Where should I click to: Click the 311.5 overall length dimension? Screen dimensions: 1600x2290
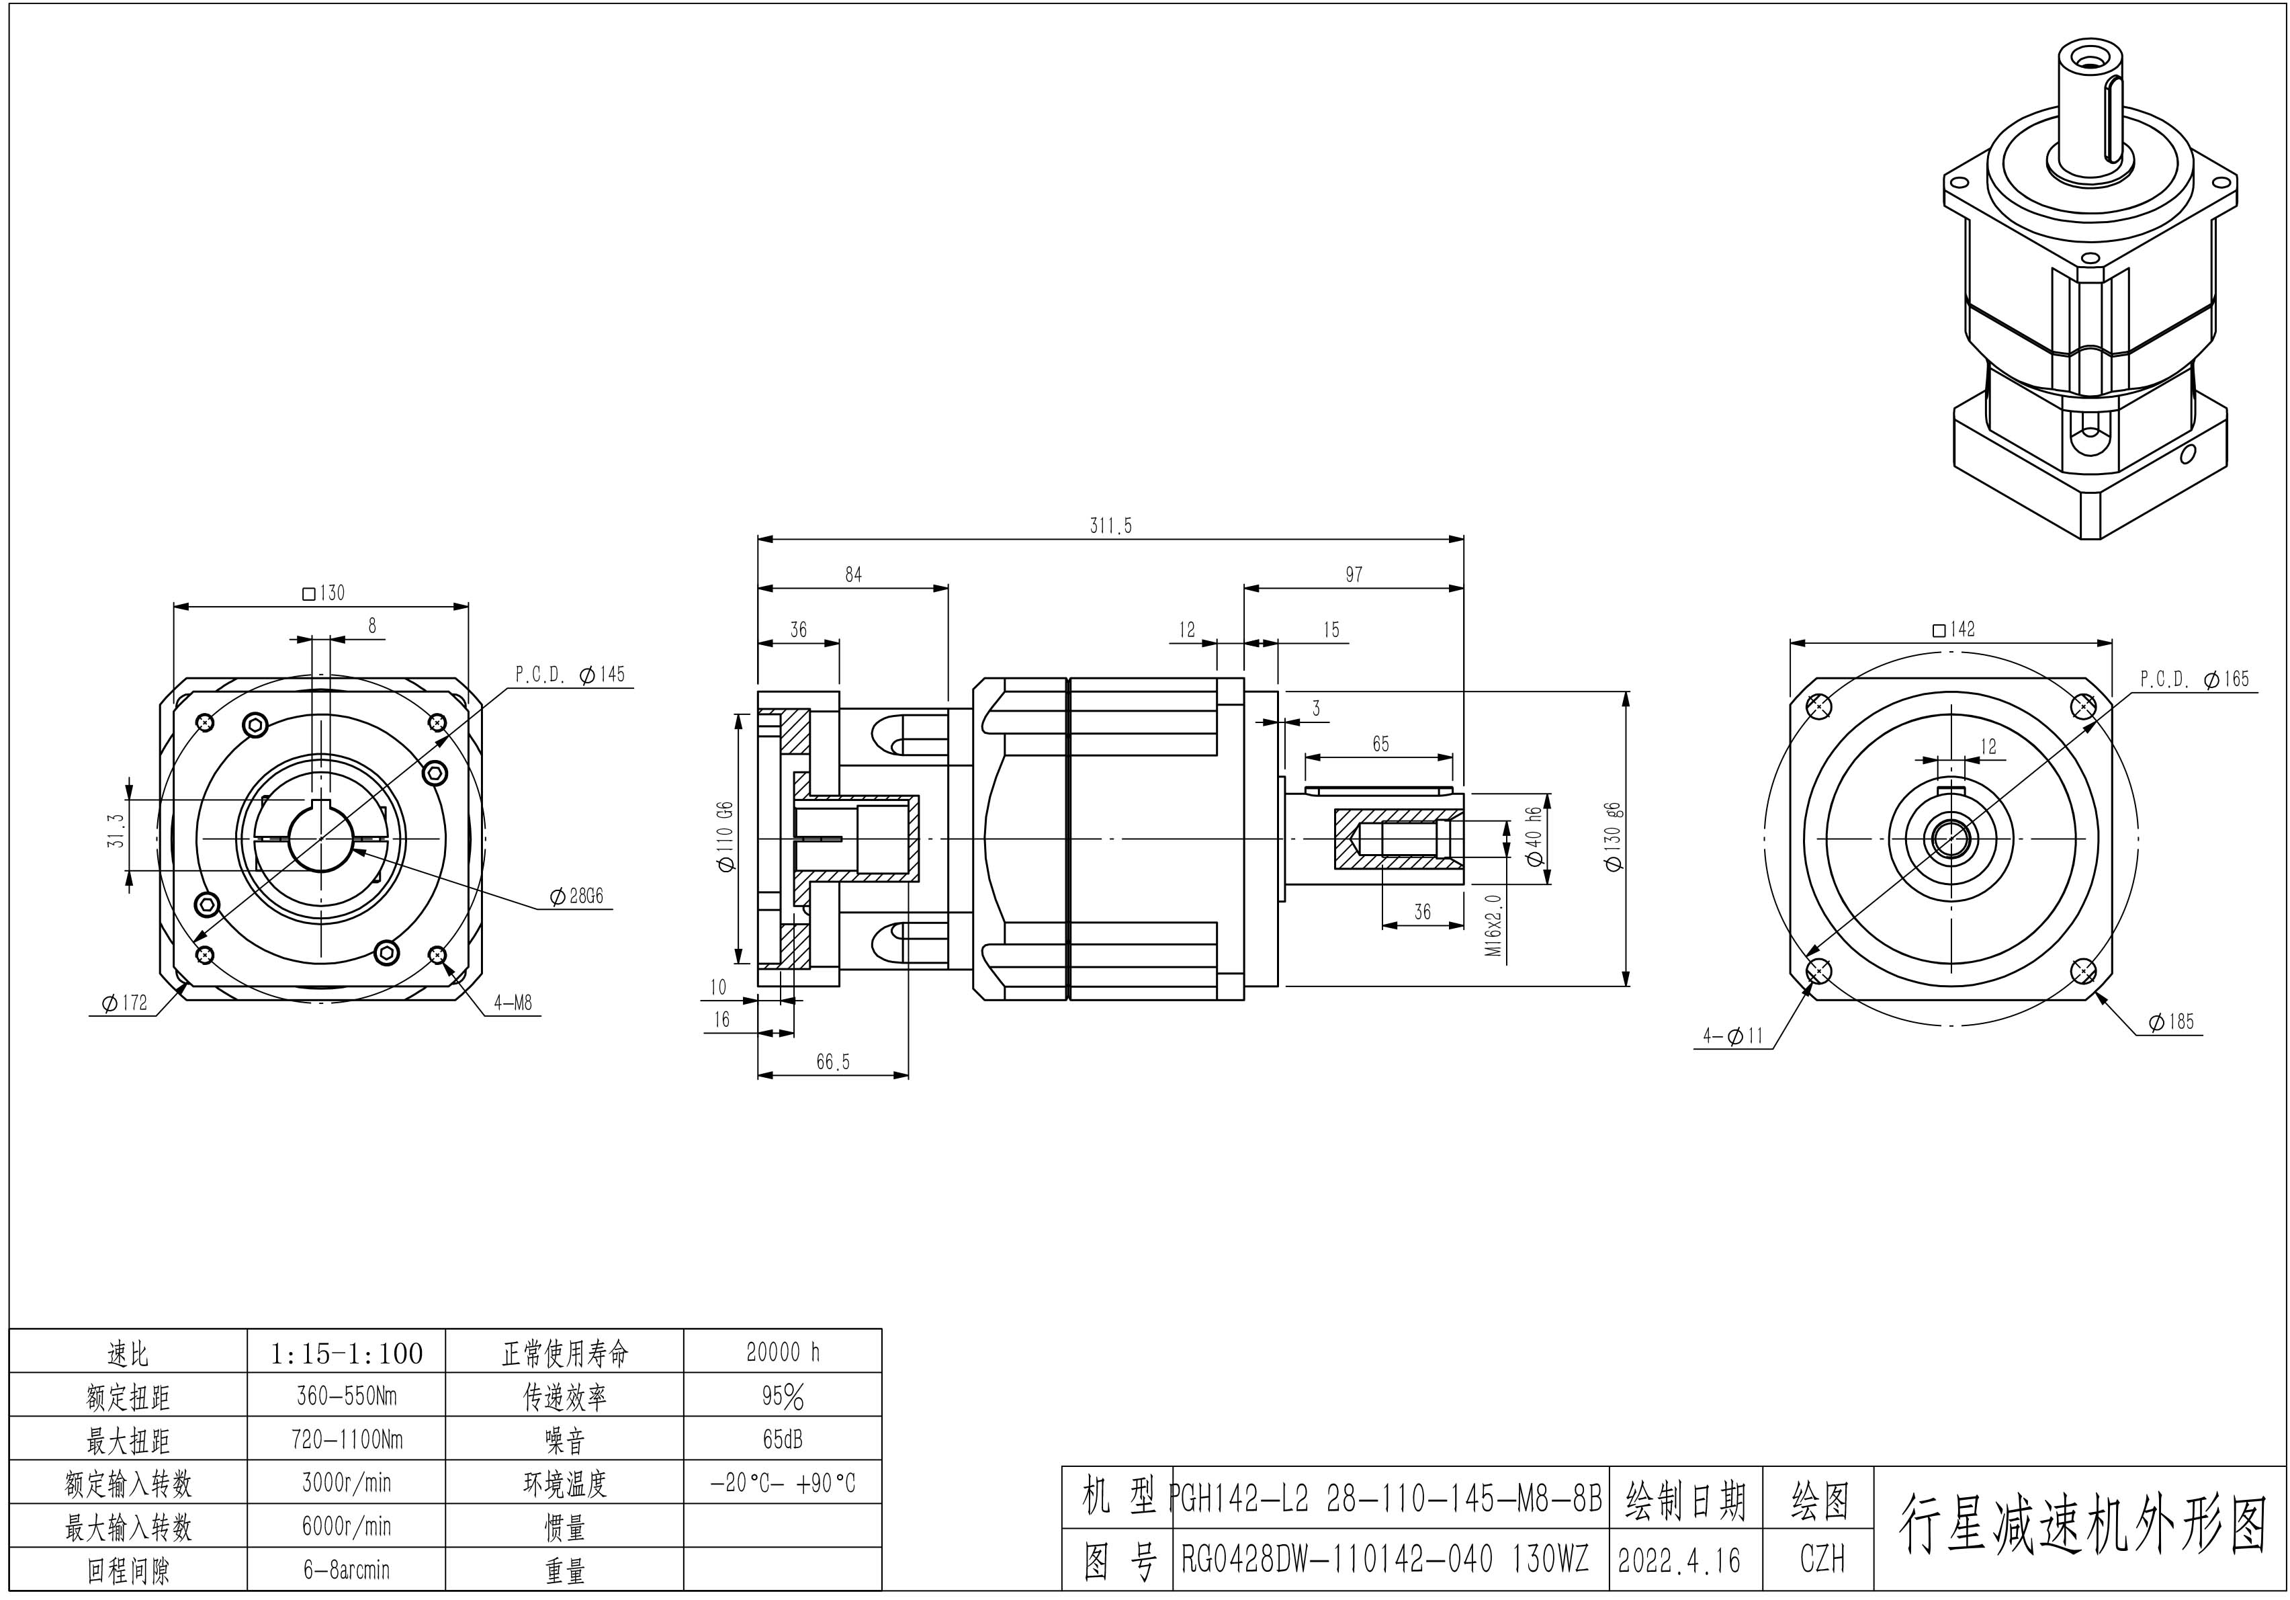pyautogui.click(x=1110, y=525)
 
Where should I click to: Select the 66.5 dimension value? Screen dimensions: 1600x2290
pyautogui.click(x=833, y=1062)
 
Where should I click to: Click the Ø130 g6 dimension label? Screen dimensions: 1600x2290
pyautogui.click(x=1614, y=836)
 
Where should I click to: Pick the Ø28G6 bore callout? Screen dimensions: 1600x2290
pyautogui.click(x=576, y=896)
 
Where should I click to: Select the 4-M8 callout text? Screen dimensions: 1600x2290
pyautogui.click(x=513, y=1003)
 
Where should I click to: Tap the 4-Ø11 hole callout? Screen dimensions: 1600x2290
pyautogui.click(x=1732, y=1036)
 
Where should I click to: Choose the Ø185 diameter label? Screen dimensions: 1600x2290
pyautogui.click(x=2171, y=1021)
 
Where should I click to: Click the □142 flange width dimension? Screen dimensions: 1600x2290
pyautogui.click(x=1953, y=630)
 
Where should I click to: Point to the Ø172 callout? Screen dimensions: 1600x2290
pyautogui.click(x=124, y=1003)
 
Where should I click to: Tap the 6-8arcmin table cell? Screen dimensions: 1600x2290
pyautogui.click(x=346, y=1570)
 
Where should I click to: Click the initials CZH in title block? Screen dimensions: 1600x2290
pyautogui.click(x=1822, y=1559)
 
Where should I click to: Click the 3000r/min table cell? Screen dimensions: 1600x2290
pyautogui.click(x=346, y=1482)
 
